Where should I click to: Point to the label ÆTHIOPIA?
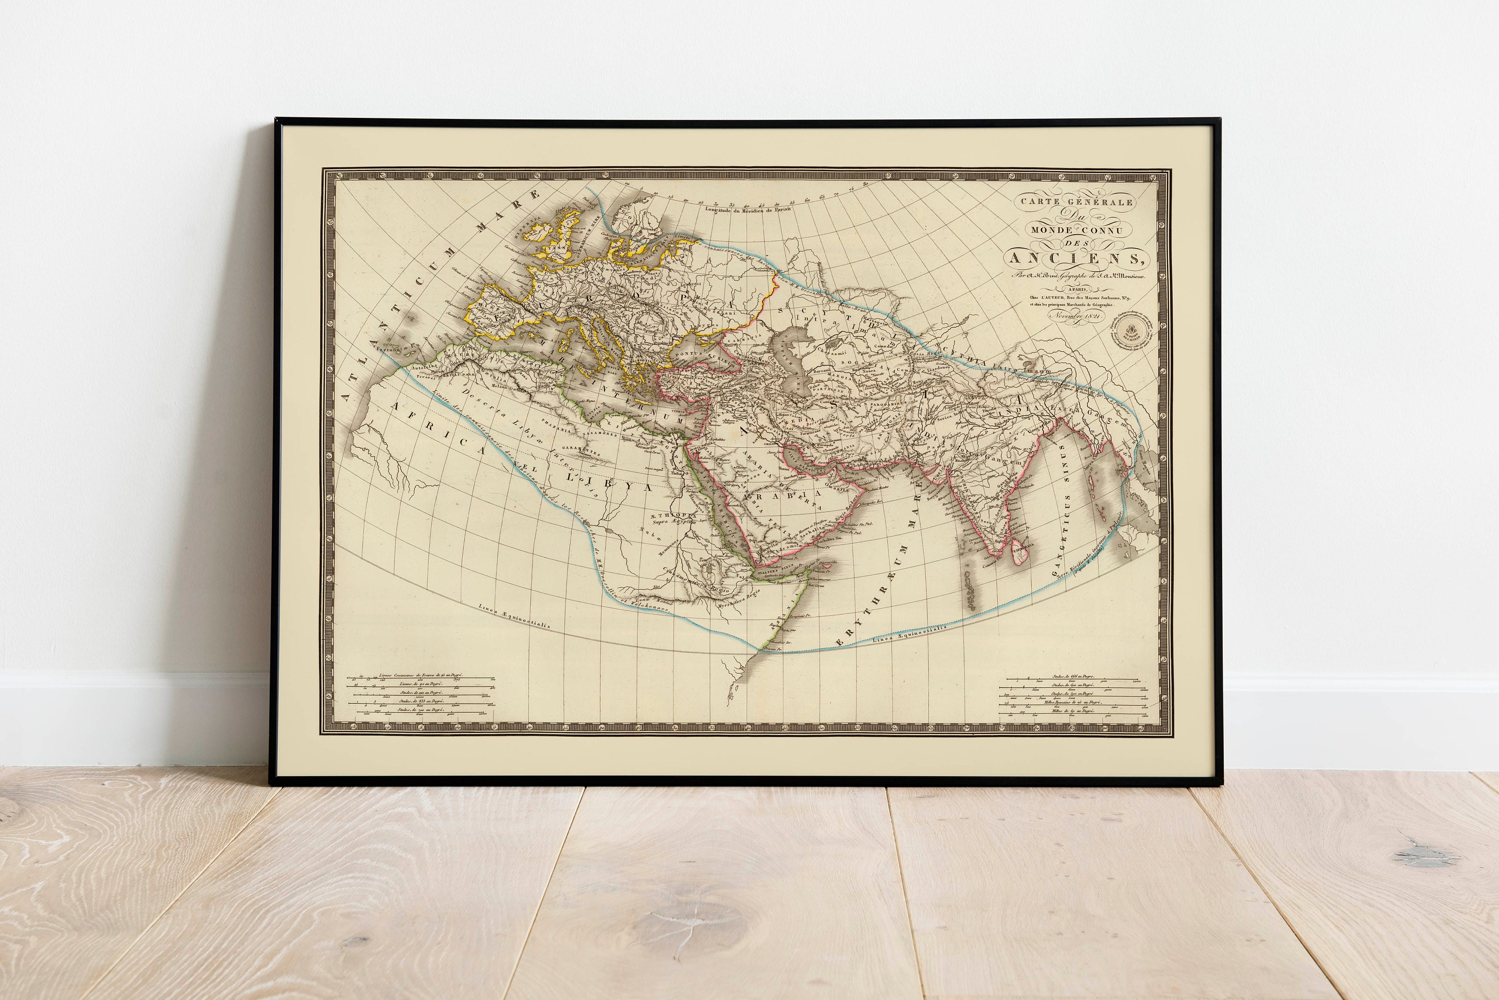(670, 514)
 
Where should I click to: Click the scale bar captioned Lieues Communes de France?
(421, 674)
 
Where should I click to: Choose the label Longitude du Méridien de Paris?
(747, 209)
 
